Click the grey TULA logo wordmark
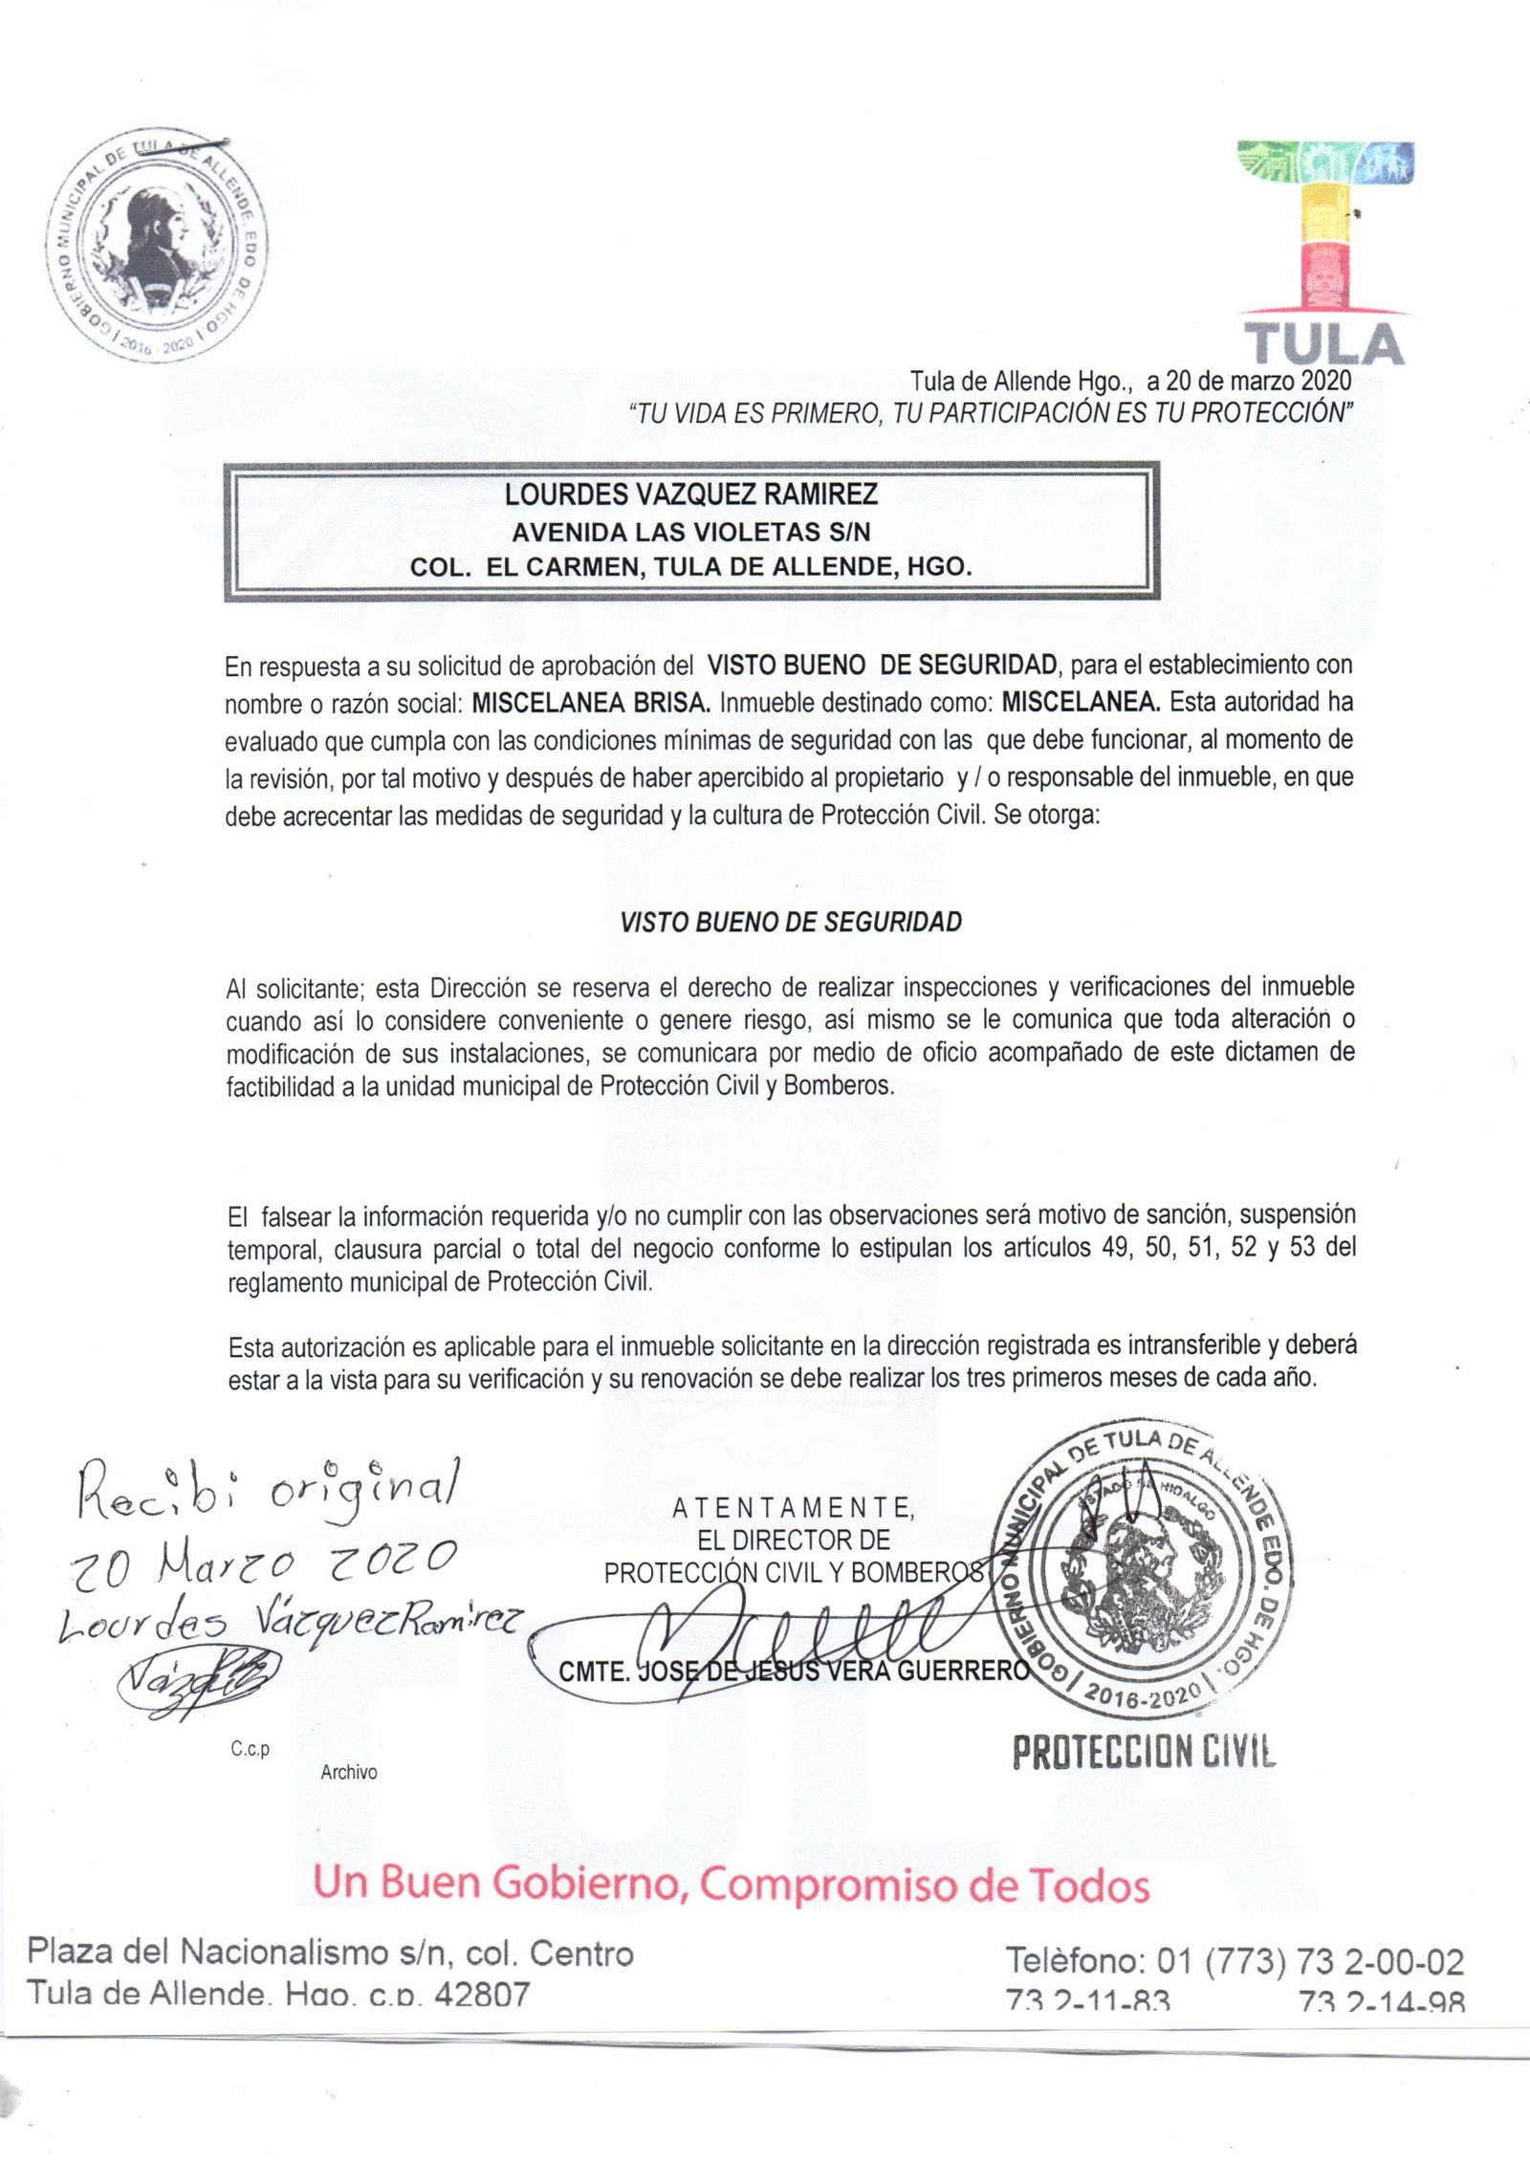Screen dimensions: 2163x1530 1323,344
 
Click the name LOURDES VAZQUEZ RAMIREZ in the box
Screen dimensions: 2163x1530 690,494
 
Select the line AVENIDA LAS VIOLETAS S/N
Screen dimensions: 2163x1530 690,531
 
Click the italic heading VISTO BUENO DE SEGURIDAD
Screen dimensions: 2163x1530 791,922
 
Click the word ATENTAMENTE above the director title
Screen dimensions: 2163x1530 793,1508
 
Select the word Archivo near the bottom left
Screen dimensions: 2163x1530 349,1772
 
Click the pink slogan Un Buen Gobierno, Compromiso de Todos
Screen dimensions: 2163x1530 732,1884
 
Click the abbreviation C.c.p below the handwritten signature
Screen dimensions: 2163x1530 250,1749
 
